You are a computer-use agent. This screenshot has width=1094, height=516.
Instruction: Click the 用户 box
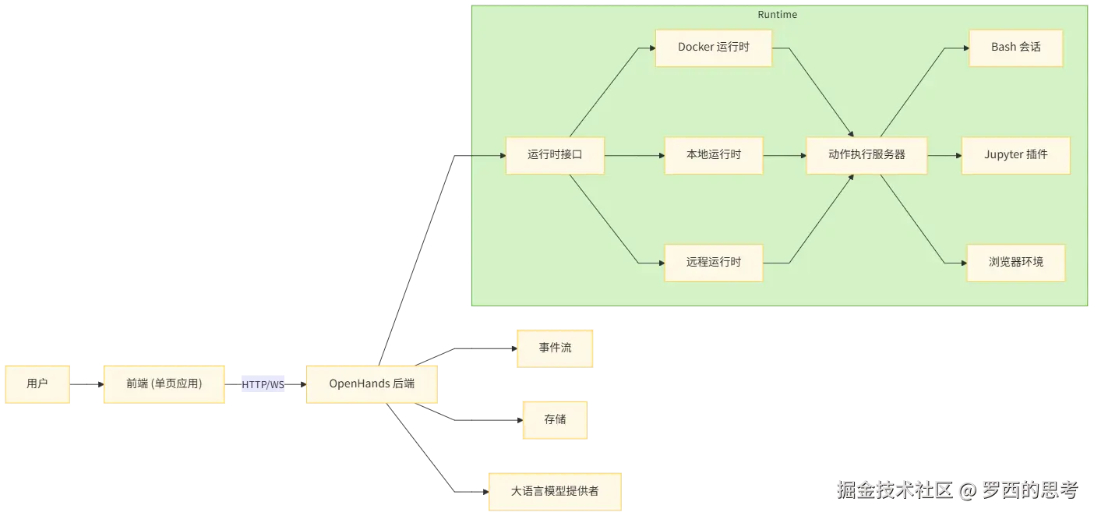point(37,383)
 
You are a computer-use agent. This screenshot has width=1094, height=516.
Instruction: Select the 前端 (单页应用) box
point(164,383)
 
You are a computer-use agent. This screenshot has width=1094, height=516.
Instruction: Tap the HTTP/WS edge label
point(263,384)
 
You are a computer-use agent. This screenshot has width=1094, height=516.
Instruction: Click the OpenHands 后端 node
point(372,383)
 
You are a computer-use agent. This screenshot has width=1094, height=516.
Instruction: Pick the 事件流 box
point(555,347)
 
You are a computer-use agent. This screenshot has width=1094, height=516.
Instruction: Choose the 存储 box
point(555,419)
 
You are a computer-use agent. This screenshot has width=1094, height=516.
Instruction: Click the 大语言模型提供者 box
point(554,491)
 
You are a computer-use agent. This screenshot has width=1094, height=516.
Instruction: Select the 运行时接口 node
point(554,155)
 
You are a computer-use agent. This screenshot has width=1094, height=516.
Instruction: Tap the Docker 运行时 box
point(713,48)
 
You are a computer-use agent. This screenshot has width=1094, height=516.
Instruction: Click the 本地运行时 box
point(713,155)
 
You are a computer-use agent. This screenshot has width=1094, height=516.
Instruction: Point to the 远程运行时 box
point(713,263)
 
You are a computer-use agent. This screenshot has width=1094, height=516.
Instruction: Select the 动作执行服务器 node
point(866,155)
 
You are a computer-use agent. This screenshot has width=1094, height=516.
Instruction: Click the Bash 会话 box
point(1015,48)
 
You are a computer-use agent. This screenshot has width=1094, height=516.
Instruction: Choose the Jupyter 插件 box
point(1015,155)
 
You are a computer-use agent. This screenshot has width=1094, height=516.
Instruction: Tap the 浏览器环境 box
point(1015,263)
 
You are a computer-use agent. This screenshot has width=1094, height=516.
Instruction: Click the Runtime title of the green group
point(777,15)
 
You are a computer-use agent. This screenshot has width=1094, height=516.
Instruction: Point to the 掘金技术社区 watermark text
point(895,489)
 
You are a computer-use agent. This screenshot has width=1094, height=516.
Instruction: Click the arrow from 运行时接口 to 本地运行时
point(633,155)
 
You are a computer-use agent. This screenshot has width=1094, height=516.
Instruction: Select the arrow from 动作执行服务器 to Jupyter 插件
point(944,155)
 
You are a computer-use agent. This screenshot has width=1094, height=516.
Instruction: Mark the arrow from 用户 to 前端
point(86,383)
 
